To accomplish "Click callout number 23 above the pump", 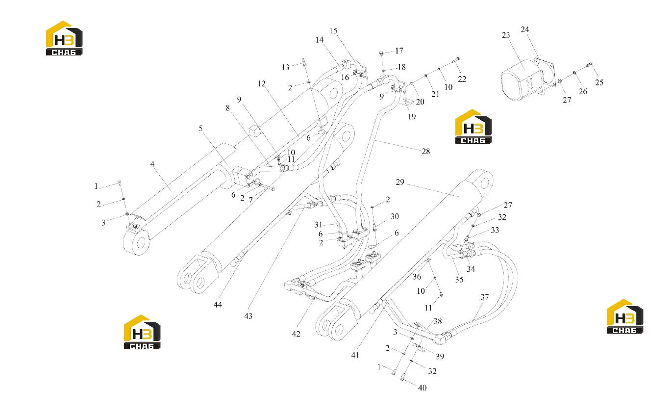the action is (x=506, y=35).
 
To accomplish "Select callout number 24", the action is (x=524, y=29).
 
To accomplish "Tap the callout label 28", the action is (x=426, y=151).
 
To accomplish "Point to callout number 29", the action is (x=400, y=182).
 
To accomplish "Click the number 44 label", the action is (x=218, y=305).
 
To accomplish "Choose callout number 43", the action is (x=248, y=316).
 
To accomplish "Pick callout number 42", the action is (x=296, y=334).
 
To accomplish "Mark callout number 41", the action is (x=355, y=355).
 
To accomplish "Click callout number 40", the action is (x=422, y=388).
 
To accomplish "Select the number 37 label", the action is (x=484, y=297).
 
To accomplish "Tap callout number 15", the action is (x=333, y=31).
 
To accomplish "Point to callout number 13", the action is (x=285, y=68).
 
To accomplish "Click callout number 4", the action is (x=152, y=164).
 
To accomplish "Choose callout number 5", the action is (x=200, y=129).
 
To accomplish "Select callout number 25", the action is (x=599, y=82).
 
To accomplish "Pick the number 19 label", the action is (x=412, y=116).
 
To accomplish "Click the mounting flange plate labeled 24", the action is (x=545, y=73).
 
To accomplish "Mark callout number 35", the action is (x=459, y=280).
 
